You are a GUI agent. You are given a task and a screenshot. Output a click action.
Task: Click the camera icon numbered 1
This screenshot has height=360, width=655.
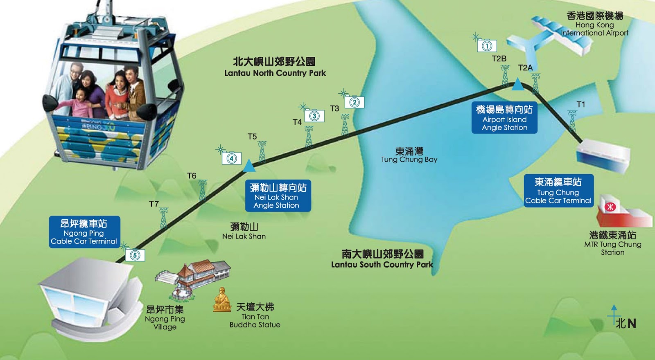[x=487, y=45]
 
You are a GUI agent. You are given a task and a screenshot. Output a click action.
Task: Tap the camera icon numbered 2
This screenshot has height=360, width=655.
[x=355, y=102]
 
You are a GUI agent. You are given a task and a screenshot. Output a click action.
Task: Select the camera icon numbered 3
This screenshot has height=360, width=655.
[x=314, y=116]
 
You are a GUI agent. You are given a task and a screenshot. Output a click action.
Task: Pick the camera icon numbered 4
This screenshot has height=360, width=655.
[x=232, y=158]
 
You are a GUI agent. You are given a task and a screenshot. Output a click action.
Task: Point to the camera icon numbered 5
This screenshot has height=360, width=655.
[x=135, y=255]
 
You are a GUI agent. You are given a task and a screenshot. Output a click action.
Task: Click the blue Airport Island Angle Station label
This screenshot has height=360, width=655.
[x=504, y=118]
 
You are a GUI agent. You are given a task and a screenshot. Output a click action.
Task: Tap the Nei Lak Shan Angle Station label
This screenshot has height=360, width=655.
[x=278, y=196]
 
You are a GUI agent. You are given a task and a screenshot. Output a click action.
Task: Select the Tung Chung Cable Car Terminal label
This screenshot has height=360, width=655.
[x=558, y=191]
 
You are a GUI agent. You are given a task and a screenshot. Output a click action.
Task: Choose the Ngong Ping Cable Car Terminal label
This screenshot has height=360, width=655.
[x=84, y=232]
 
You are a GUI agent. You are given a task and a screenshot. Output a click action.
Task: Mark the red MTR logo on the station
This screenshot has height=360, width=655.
[x=610, y=207]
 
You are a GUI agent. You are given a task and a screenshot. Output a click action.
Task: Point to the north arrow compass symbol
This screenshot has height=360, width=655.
[x=614, y=316]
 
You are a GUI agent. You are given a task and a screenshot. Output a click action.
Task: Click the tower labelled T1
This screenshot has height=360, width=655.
[x=572, y=121]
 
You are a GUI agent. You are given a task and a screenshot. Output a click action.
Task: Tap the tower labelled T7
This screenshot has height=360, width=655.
[x=163, y=218]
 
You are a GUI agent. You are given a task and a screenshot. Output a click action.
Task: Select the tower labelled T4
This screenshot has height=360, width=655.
[x=309, y=136]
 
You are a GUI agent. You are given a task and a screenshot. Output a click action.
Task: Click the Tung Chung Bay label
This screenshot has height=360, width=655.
[x=409, y=155]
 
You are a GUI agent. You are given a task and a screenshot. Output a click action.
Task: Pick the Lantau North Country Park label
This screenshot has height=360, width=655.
[x=275, y=67]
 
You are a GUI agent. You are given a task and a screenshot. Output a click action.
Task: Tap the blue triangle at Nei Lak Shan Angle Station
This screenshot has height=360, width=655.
[x=249, y=166]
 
